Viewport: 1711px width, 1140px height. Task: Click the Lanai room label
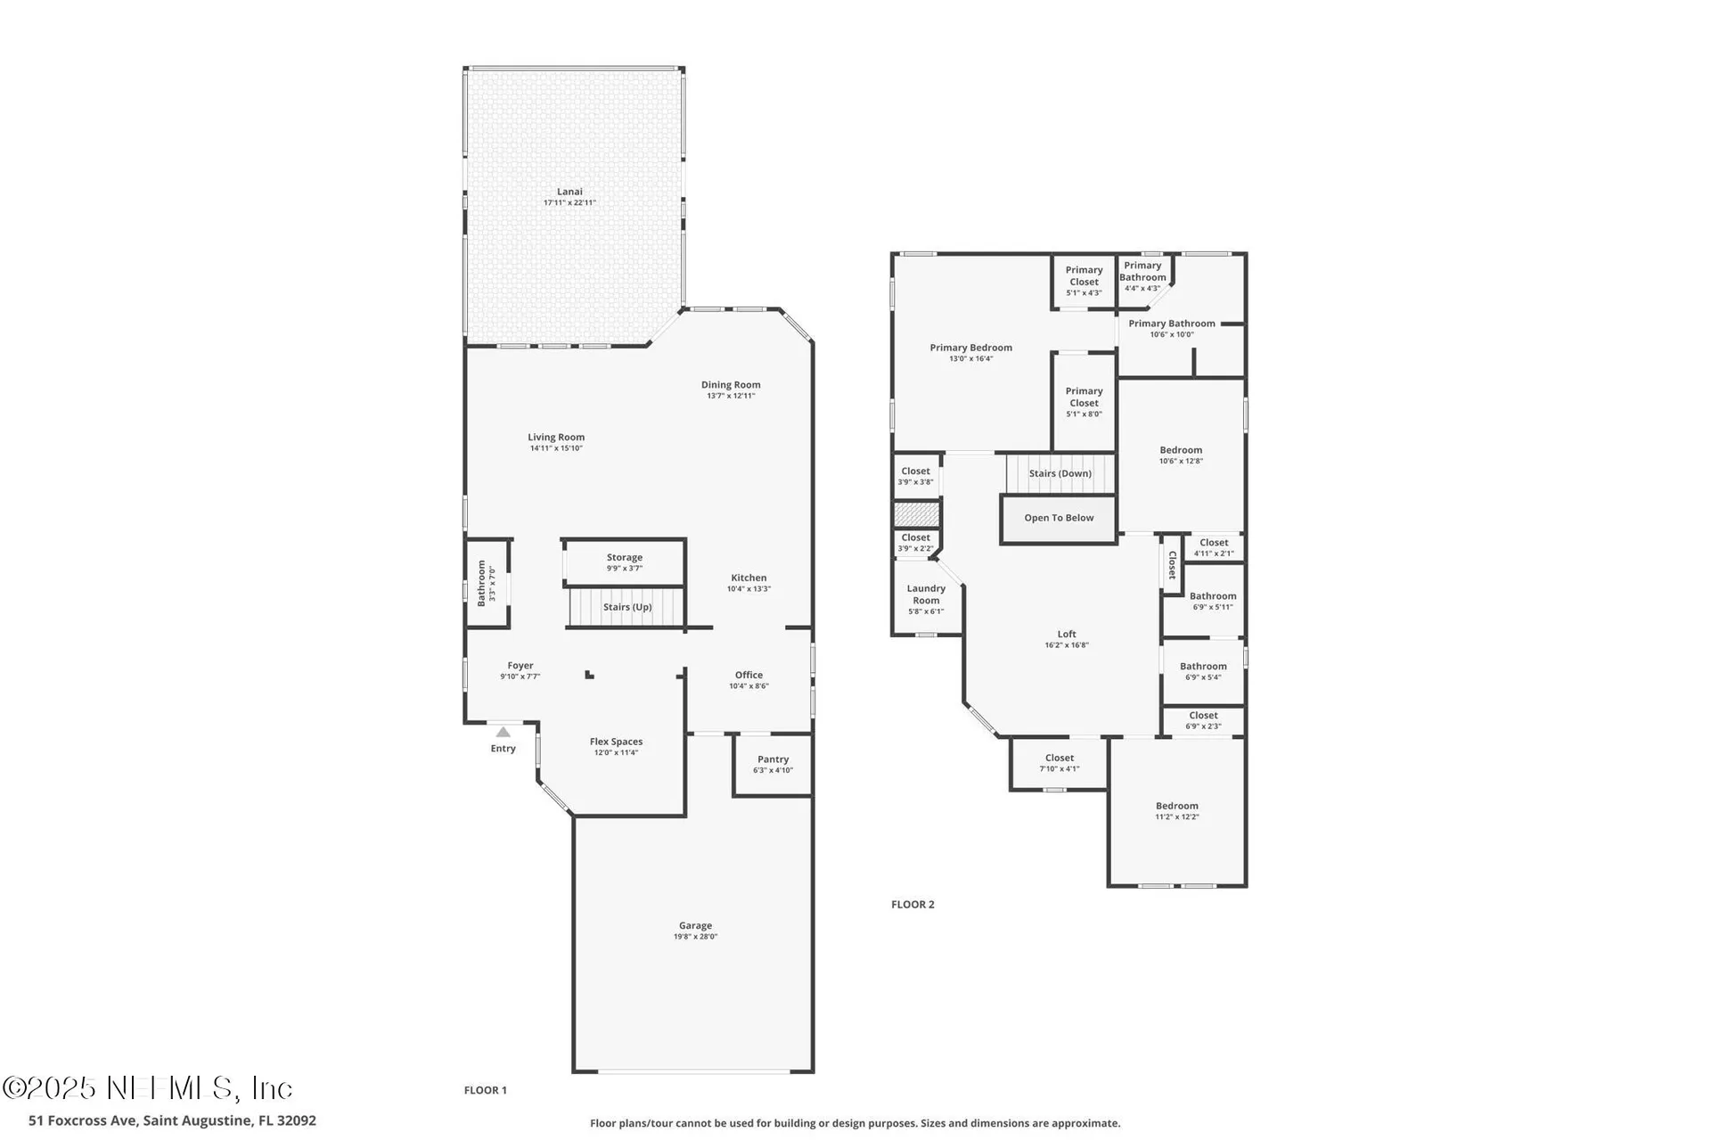[x=569, y=192]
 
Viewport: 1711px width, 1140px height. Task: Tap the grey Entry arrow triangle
[x=503, y=732]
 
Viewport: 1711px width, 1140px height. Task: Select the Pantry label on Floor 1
[x=773, y=759]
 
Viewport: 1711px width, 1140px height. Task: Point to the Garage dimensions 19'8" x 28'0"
[x=695, y=937]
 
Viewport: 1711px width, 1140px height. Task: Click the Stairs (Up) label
[x=627, y=607]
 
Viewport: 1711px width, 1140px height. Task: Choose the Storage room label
[x=625, y=557]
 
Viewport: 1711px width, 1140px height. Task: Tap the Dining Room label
[x=731, y=385]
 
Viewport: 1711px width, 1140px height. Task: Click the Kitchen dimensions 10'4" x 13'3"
[x=749, y=589]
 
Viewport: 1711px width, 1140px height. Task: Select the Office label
[x=749, y=675]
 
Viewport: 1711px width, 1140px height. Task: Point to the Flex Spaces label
[x=616, y=742]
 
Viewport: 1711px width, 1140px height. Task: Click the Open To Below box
[x=1059, y=519]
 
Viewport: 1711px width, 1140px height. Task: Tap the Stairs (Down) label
[x=1060, y=473]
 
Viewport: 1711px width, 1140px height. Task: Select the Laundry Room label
[x=926, y=595]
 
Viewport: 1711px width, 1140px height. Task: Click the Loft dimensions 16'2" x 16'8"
[x=1067, y=645]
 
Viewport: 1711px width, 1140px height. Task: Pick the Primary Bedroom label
[x=970, y=348]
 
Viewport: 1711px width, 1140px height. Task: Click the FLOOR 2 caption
[x=913, y=904]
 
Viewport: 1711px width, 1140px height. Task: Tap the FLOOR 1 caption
[x=485, y=1090]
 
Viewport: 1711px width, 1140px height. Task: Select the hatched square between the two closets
[x=917, y=514]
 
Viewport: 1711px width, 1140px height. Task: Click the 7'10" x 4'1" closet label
[x=1059, y=769]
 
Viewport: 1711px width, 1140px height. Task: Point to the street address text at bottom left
[x=172, y=1120]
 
